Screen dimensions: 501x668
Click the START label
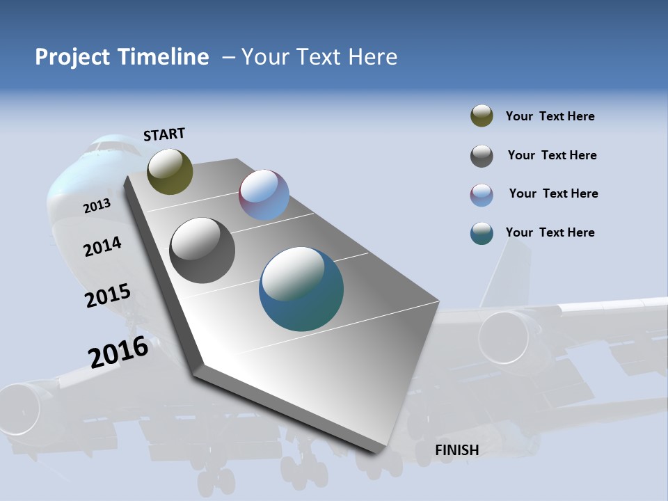(164, 134)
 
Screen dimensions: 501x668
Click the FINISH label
(457, 450)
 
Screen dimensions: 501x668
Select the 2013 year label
(97, 205)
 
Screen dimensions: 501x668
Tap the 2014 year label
(102, 246)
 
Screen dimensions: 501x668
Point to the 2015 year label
(107, 296)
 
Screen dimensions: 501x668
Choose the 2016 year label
(118, 351)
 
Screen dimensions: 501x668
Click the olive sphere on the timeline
(170, 171)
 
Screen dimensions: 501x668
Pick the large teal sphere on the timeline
(301, 289)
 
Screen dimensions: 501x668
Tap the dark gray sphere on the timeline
(202, 250)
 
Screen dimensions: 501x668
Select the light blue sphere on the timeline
(264, 195)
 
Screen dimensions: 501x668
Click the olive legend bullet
(482, 116)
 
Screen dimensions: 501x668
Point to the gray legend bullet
(482, 156)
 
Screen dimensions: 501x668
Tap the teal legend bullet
(482, 233)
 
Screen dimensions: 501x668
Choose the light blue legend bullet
(482, 195)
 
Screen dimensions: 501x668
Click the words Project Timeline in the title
(122, 57)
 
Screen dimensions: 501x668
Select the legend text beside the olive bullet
(550, 117)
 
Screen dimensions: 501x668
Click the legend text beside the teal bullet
(550, 232)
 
